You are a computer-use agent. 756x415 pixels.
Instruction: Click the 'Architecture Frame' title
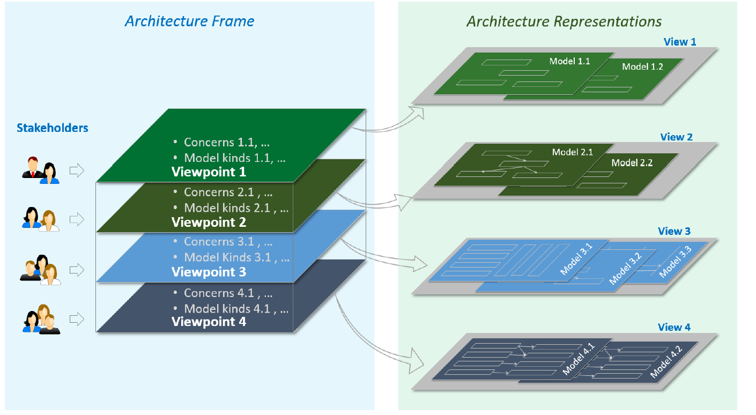point(189,21)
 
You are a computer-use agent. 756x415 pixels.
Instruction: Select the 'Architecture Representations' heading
point(564,22)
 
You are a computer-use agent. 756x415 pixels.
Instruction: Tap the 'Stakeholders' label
point(53,128)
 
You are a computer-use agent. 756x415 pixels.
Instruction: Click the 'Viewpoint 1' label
point(209,172)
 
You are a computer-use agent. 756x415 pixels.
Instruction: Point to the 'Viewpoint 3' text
point(209,272)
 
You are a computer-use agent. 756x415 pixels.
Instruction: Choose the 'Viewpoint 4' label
point(209,322)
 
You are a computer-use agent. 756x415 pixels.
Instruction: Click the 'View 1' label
point(680,42)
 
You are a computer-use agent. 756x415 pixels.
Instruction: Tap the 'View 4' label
point(674,327)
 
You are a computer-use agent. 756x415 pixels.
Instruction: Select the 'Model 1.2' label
point(642,66)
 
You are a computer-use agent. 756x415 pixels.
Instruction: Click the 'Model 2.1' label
point(573,152)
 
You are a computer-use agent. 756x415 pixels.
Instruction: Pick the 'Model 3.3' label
point(676,262)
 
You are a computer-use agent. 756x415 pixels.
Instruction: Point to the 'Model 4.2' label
point(666,362)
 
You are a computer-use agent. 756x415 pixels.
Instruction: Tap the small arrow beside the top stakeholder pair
point(77,171)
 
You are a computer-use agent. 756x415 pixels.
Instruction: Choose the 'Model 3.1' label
point(576,259)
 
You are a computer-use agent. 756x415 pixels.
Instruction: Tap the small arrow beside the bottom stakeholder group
point(77,319)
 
